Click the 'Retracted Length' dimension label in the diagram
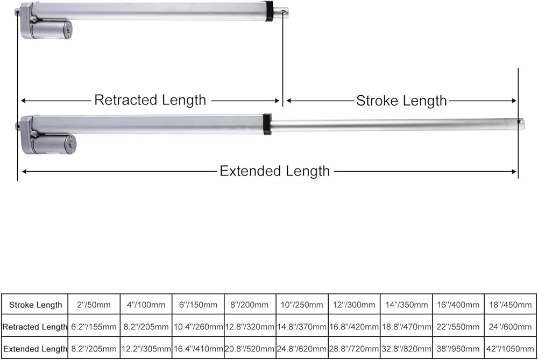tap(150, 100)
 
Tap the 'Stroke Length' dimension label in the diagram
tap(401, 101)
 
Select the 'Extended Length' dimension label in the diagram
tap(274, 171)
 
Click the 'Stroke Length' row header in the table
tap(36, 305)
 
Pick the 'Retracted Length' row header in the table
tap(36, 327)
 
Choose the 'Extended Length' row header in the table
tap(36, 349)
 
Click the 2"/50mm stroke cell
tap(94, 305)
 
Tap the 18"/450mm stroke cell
tap(509, 305)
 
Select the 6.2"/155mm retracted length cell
tap(94, 327)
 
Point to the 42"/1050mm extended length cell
tap(509, 349)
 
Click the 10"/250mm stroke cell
tap(302, 305)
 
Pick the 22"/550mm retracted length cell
tap(458, 327)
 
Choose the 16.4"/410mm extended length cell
tap(198, 349)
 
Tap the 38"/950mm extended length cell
tap(458, 349)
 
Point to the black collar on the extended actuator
tap(267, 124)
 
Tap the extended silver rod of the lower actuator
tap(393, 124)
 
